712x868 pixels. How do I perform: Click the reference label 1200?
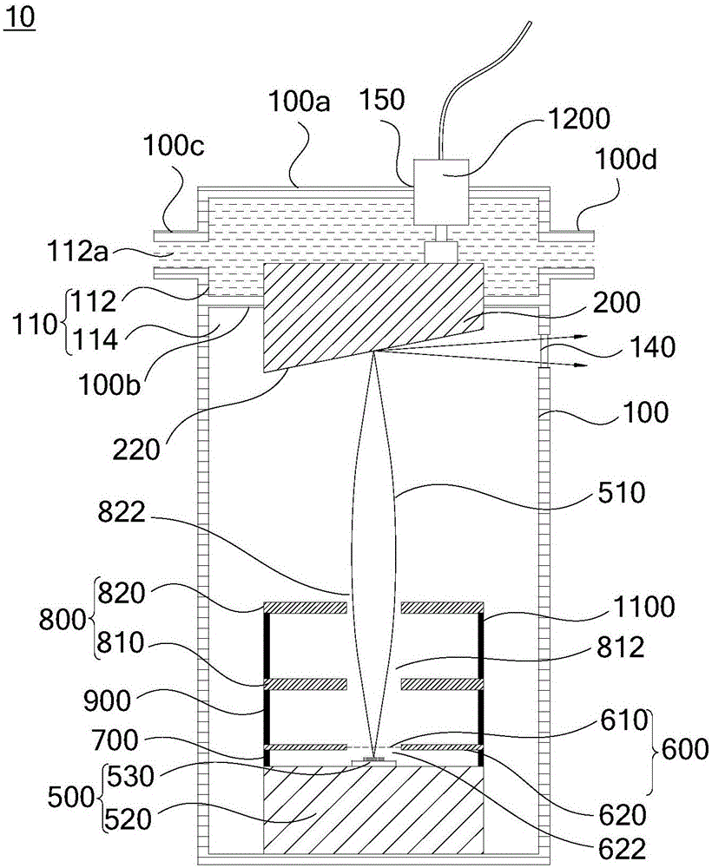580,118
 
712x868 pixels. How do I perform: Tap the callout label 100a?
299,102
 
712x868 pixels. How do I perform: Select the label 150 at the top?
382,100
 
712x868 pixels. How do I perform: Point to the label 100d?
626,160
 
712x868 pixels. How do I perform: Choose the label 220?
136,450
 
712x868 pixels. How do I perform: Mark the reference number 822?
122,512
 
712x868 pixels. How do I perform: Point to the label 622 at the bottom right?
623,849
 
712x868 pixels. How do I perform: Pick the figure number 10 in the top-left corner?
20,17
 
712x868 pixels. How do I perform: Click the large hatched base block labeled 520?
373,809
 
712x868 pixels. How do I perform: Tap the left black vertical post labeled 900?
267,684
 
